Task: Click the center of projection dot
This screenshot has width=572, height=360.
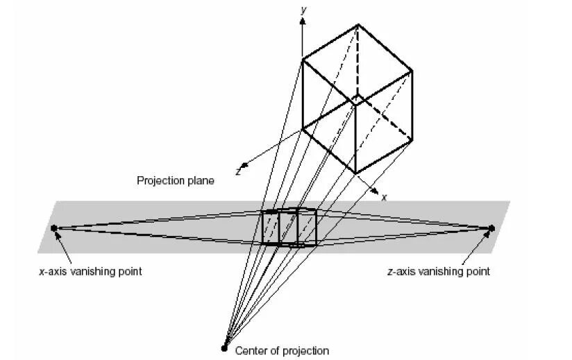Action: coord(224,348)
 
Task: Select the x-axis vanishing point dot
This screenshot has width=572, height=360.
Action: coord(54,228)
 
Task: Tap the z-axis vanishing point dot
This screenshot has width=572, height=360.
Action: coord(491,228)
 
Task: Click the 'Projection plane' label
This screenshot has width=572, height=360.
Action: coord(175,180)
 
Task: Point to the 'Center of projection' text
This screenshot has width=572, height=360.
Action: coord(282,351)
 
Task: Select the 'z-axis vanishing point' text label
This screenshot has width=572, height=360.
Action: coord(438,271)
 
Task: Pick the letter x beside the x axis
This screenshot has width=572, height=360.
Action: coord(383,197)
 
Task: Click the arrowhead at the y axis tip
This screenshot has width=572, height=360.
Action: coord(302,21)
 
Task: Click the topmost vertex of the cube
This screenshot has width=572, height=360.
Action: coord(358,25)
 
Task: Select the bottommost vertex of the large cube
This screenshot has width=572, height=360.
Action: coord(355,173)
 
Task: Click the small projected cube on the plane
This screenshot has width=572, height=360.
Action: coord(289,227)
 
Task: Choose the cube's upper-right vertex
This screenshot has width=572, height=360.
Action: coord(412,70)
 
